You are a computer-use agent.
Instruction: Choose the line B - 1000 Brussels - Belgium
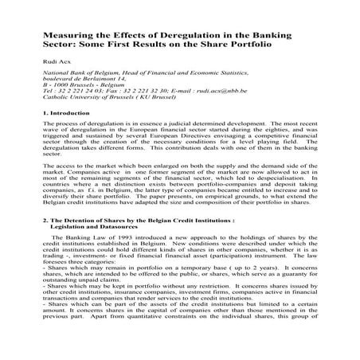[x=79, y=101]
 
